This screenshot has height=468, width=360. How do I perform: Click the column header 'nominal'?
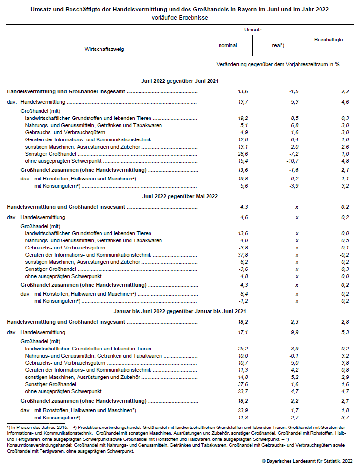click(228, 46)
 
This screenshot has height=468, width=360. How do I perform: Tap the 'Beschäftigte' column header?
click(329, 40)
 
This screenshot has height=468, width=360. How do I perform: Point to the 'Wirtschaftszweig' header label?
click(104, 49)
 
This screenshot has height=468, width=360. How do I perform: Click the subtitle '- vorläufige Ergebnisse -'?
click(180, 18)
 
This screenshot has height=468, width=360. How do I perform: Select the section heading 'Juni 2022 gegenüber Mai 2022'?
click(180, 196)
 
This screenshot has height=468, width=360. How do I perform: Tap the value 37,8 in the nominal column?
click(243, 255)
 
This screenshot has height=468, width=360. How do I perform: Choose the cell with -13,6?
click(242, 234)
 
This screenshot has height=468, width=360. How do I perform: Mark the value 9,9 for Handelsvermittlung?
click(295, 332)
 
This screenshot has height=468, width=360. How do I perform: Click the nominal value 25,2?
click(243, 349)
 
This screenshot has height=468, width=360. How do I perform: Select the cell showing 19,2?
click(243, 118)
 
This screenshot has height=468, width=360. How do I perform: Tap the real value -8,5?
click(294, 118)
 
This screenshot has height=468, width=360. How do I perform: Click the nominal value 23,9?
click(243, 410)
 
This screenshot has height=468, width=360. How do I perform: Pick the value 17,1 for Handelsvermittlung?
click(243, 332)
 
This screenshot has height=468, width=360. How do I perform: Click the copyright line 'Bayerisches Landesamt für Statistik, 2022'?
click(307, 461)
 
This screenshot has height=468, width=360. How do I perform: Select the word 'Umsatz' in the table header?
click(252, 30)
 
